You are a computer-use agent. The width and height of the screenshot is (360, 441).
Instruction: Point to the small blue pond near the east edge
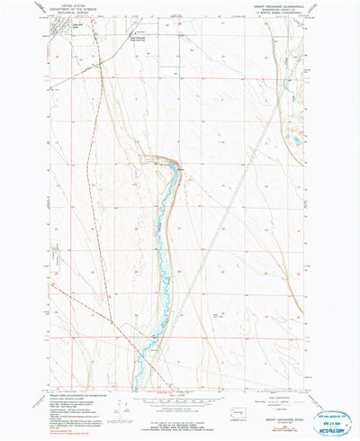[295, 139]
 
